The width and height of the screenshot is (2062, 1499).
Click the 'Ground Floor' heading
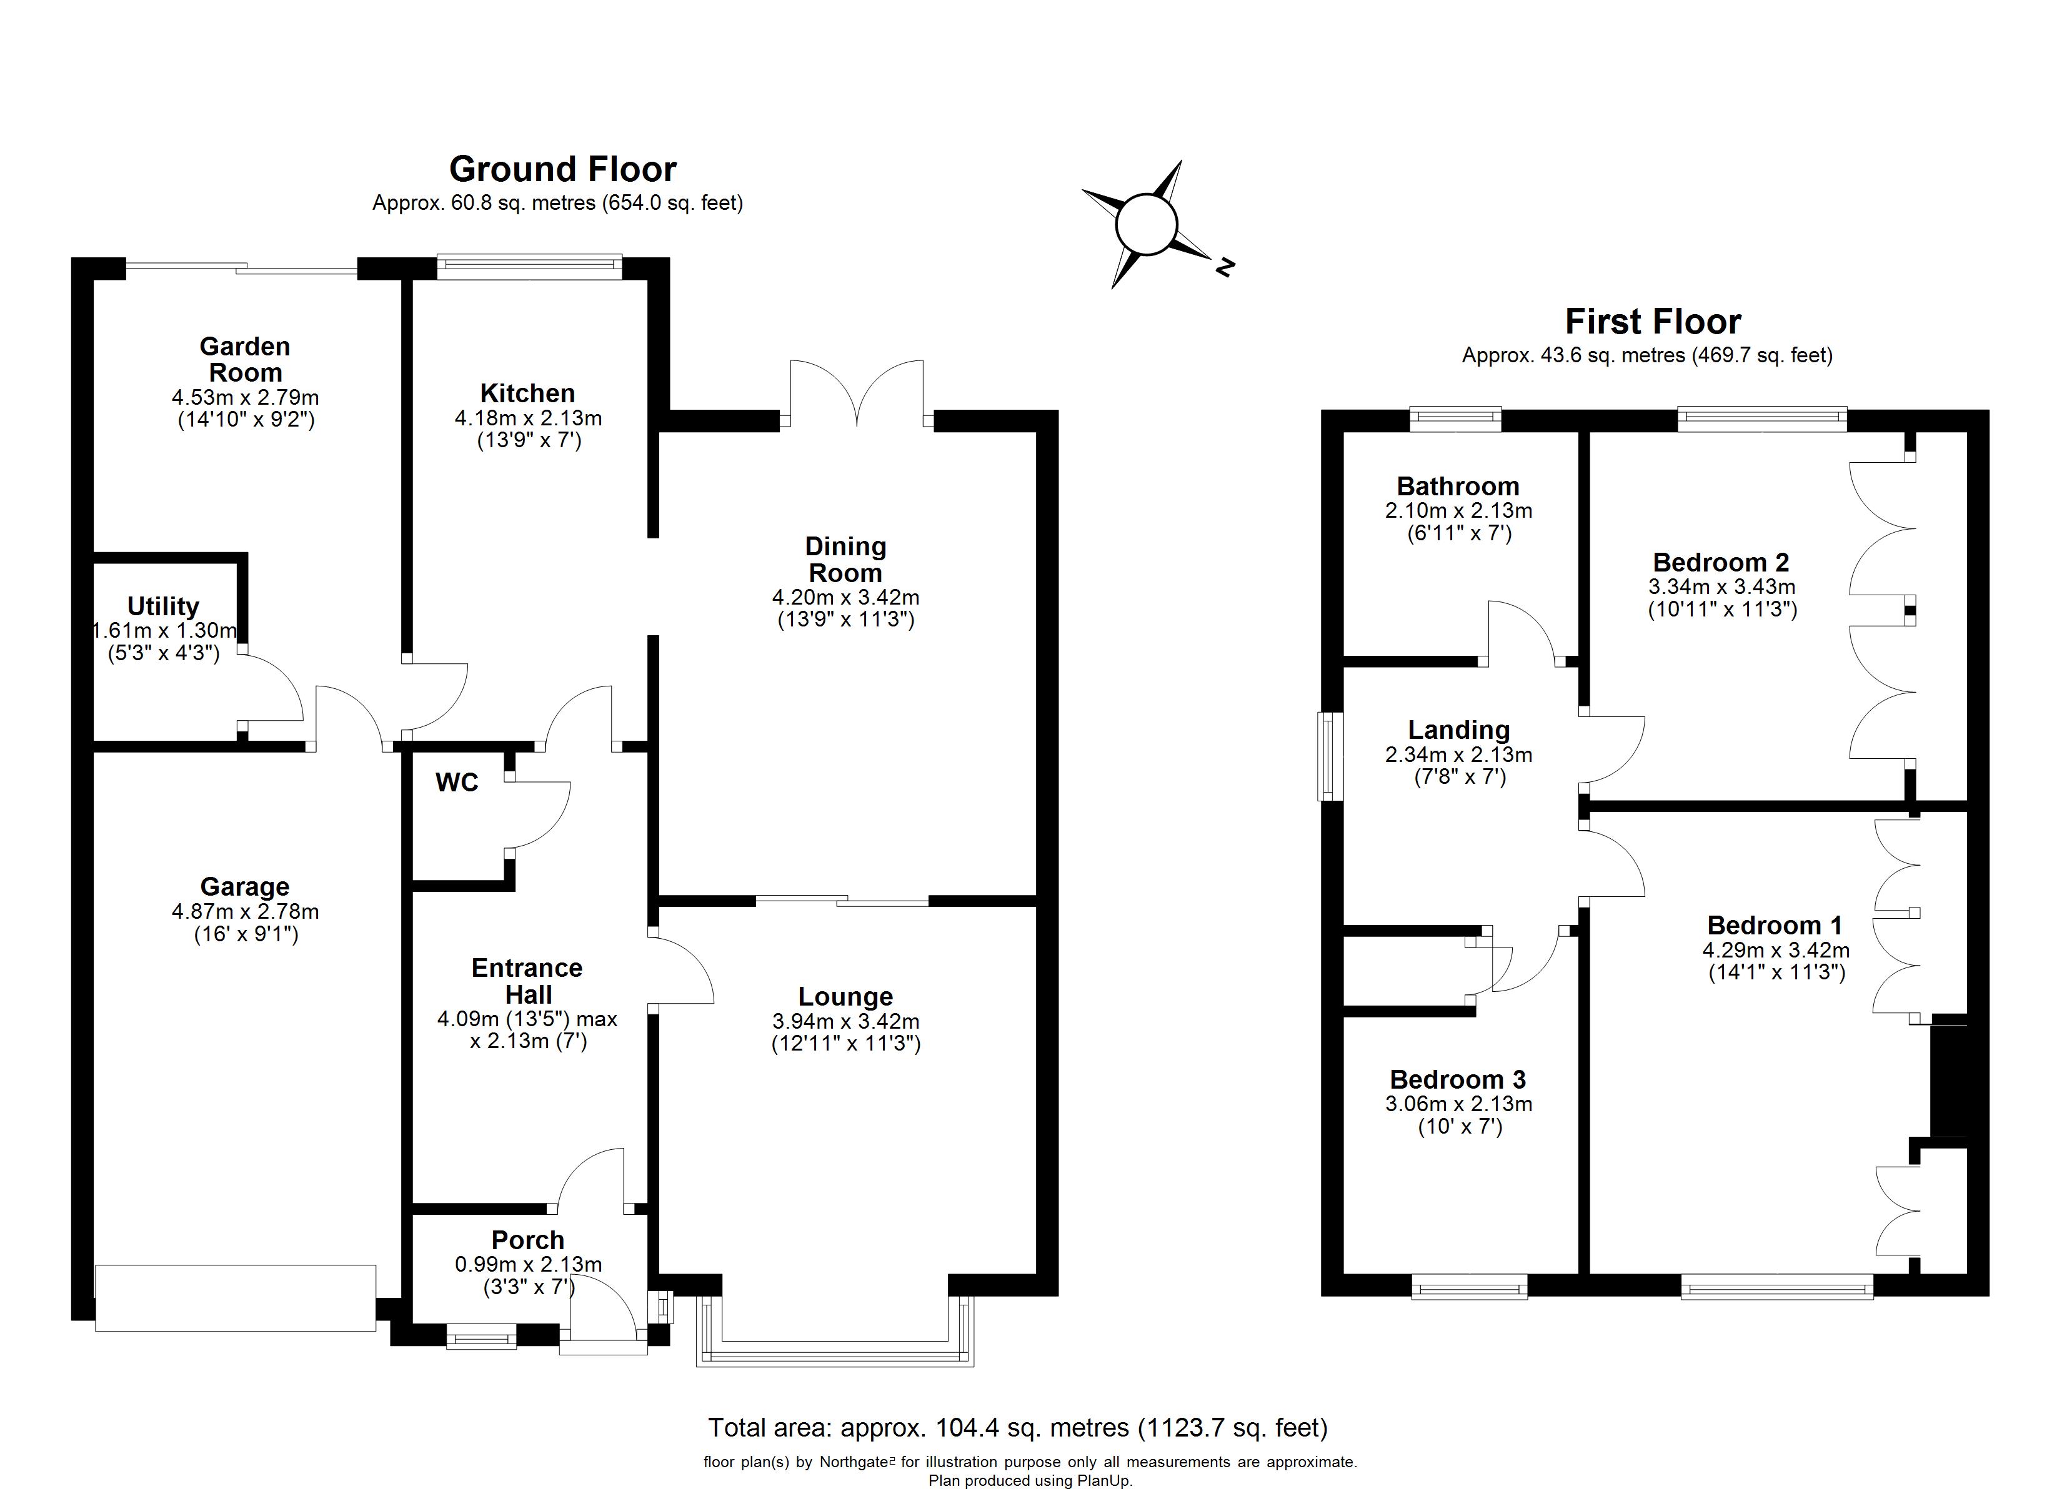563,170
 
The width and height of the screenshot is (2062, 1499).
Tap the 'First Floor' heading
1653,322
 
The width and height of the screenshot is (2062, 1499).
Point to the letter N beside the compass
1225,267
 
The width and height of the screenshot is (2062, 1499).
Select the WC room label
456,783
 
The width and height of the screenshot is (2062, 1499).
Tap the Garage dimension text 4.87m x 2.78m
246,911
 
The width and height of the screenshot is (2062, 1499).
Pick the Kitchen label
527,393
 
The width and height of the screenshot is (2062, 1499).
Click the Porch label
527,1240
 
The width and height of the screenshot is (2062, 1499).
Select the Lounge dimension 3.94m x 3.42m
845,1021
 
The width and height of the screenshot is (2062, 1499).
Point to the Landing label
1458,730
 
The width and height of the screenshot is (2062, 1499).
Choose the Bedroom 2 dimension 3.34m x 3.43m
1722,587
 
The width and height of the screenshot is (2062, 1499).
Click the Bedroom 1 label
1775,926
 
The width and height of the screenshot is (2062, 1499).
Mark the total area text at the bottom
1017,1428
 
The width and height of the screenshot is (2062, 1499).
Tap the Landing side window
1330,756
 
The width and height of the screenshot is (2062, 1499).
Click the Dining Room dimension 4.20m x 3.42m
845,597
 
